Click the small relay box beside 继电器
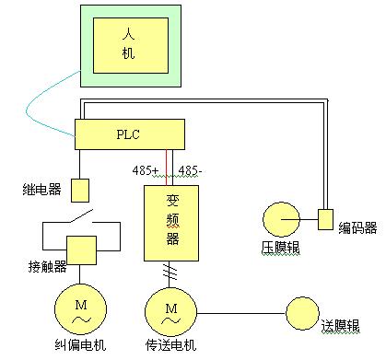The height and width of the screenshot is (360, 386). (80, 190)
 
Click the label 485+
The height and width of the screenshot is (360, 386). (146, 170)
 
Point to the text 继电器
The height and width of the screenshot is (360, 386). (41, 190)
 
